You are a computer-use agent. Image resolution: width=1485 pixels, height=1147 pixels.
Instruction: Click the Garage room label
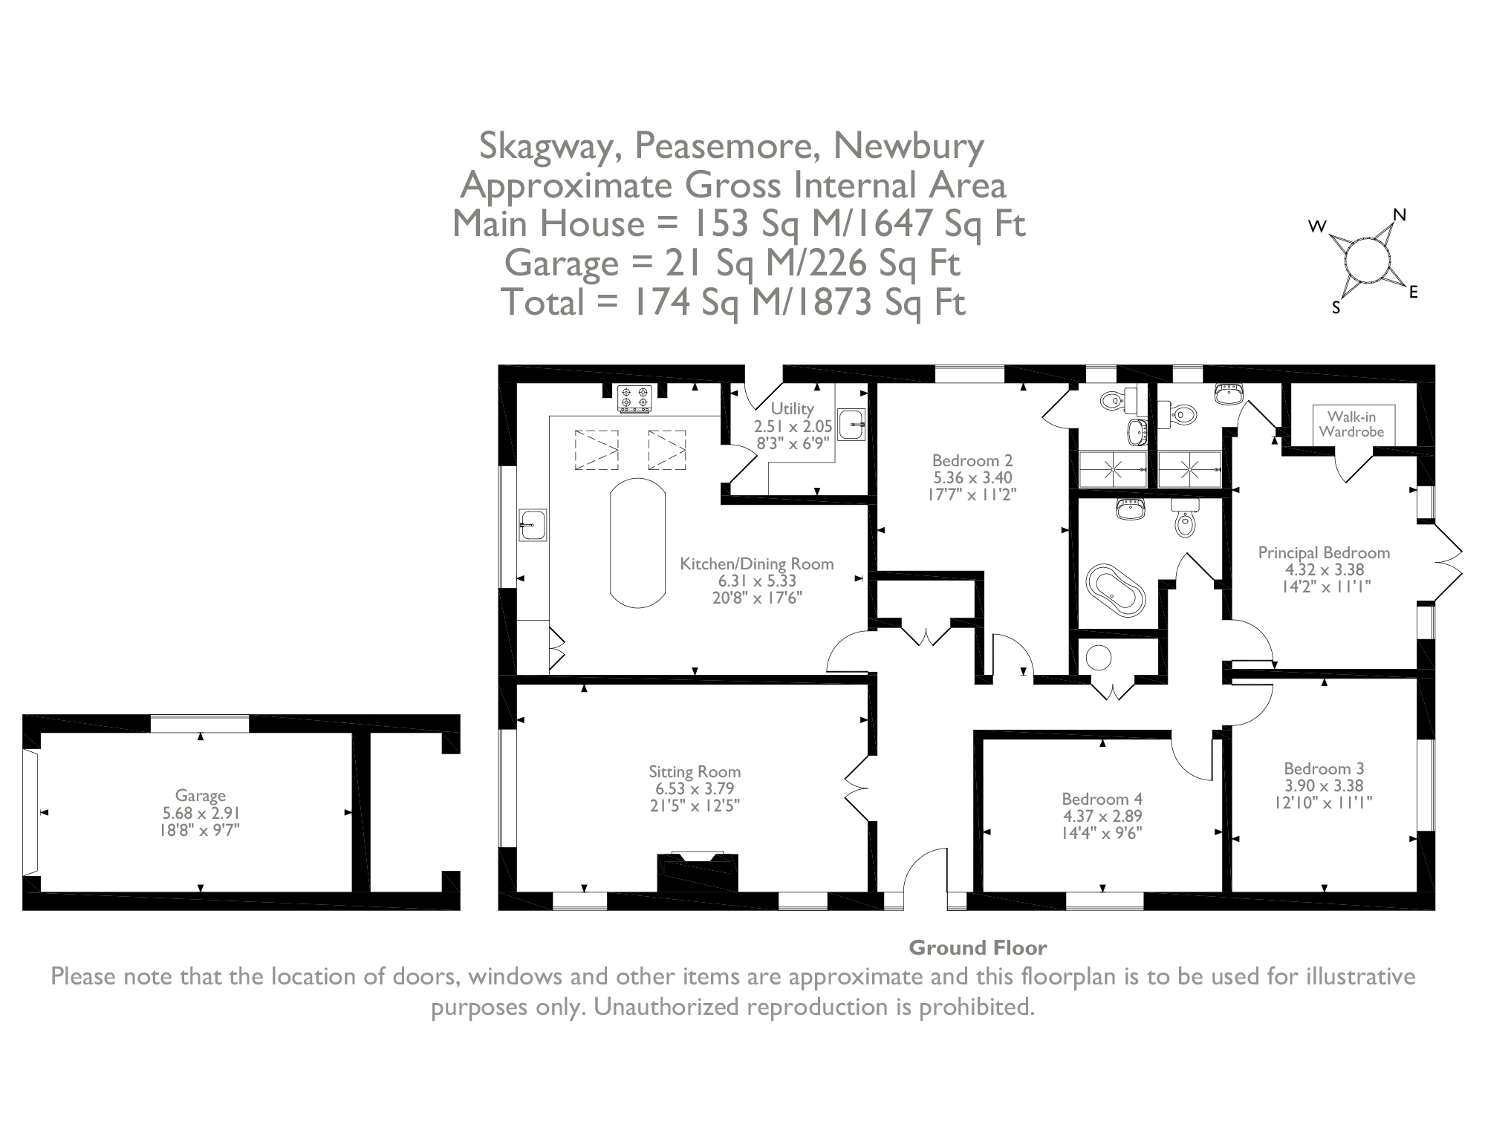(200, 796)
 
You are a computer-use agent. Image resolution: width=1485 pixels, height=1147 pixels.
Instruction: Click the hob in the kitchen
(635, 398)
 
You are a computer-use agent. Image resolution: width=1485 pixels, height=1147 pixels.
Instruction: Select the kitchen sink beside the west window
(533, 525)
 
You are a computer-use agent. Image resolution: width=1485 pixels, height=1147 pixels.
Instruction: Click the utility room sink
(851, 425)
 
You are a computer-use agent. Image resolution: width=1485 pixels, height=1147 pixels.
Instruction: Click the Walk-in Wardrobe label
(1351, 425)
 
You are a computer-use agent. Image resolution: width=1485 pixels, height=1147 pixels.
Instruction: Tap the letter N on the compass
(1400, 215)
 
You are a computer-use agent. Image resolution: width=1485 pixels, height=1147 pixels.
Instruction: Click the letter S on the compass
(1336, 309)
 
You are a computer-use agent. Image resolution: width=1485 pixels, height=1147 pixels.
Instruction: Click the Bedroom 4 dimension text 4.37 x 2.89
(1102, 815)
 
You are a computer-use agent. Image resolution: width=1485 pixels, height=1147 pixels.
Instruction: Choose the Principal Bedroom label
(1324, 553)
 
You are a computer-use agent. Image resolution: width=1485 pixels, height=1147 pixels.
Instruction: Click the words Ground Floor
(978, 948)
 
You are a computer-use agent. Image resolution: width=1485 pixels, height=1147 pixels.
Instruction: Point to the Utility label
(792, 408)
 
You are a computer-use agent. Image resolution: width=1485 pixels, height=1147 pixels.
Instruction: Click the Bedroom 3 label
(1324, 769)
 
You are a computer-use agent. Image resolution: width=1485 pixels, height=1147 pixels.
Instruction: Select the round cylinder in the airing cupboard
(1098, 657)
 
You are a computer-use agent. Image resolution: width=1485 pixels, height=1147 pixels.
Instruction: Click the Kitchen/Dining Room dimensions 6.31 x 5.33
(756, 581)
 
